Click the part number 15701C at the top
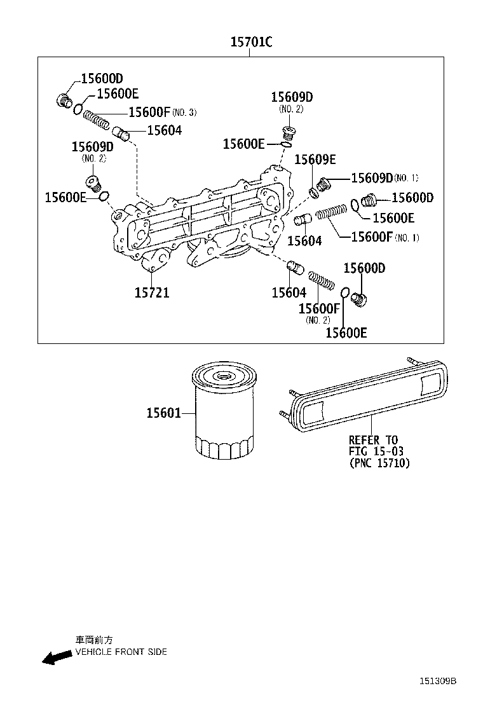click(x=251, y=43)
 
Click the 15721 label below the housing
click(x=152, y=292)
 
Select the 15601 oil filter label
click(x=163, y=413)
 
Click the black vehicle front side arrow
click(x=57, y=657)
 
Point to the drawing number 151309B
click(x=437, y=681)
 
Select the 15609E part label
click(x=315, y=160)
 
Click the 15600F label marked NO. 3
click(x=150, y=113)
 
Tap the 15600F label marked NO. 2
click(x=320, y=309)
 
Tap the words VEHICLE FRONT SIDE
click(x=121, y=652)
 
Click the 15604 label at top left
click(x=164, y=130)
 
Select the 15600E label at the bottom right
click(x=346, y=333)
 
